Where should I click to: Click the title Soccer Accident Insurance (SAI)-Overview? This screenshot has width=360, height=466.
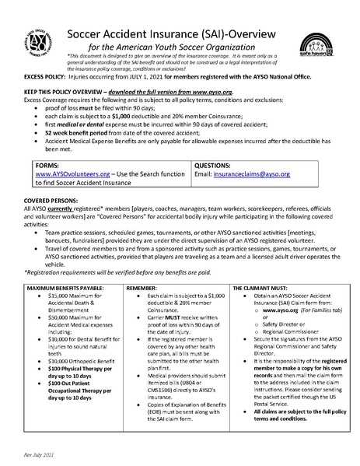click(180, 31)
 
